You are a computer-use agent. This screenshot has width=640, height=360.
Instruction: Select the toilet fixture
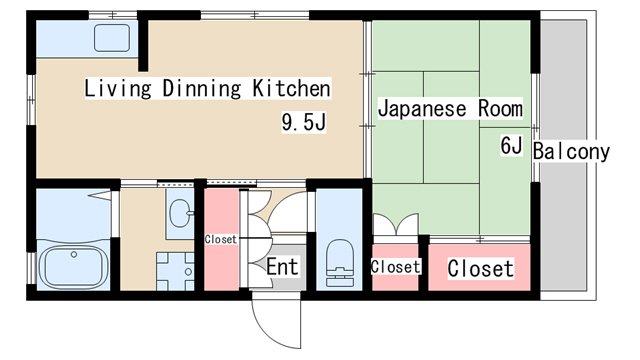(x=339, y=259)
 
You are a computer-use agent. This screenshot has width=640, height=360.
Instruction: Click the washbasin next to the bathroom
(x=179, y=214)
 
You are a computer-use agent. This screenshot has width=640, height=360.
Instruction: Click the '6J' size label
(x=512, y=146)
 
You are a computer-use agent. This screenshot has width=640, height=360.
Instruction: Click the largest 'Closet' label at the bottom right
(x=480, y=268)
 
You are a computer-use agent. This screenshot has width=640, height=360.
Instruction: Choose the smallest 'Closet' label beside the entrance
(x=220, y=240)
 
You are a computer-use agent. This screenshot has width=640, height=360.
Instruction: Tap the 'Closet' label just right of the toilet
(x=395, y=267)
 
